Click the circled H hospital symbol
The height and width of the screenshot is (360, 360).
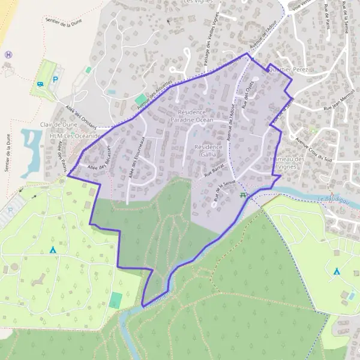8,55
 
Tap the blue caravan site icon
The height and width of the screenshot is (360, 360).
40,85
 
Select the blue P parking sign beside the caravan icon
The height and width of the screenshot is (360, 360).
56,79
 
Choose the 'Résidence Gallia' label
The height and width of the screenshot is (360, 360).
209,150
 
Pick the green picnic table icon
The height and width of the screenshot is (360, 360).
243,196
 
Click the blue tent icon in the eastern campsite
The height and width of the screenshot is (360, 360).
337,271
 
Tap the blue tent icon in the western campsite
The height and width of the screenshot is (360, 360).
53,249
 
